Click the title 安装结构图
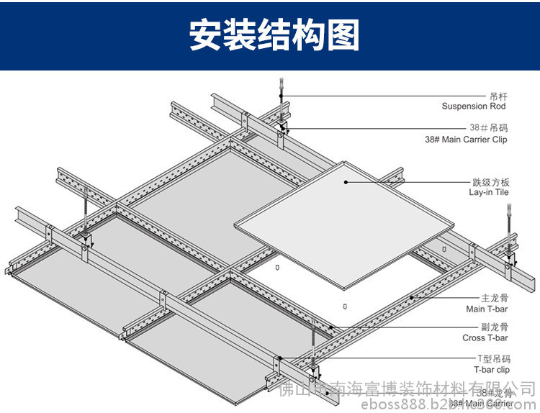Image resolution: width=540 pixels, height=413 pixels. (x=274, y=35)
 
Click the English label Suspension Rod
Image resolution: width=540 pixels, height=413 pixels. (x=473, y=106)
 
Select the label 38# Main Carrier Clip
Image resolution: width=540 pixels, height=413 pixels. (x=476, y=139)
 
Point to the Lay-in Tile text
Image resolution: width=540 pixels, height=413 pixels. (x=489, y=192)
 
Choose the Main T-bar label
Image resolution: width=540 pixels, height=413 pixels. (x=487, y=309)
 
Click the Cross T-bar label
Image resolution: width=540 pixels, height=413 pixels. (x=485, y=337)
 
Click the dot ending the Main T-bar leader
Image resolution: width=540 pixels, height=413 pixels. (x=411, y=297)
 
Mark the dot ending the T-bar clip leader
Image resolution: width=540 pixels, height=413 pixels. (x=279, y=358)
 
